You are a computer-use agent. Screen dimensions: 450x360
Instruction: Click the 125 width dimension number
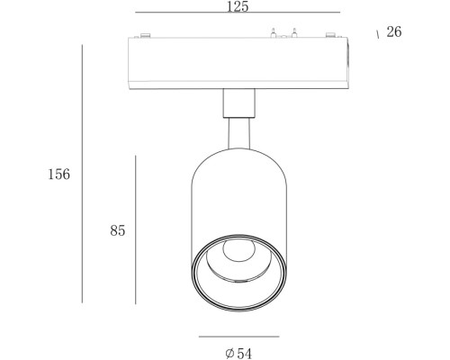(238, 6)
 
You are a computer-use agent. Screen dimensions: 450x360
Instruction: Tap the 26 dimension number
(394, 31)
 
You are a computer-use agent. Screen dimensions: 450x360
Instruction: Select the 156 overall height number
(59, 174)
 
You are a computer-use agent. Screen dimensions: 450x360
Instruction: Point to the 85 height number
(118, 230)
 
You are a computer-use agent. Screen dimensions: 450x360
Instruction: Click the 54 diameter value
(245, 354)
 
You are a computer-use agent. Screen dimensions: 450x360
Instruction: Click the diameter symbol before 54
(229, 354)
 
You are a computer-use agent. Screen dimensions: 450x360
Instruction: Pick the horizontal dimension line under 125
(238, 13)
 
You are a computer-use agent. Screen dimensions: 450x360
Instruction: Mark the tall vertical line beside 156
(82, 174)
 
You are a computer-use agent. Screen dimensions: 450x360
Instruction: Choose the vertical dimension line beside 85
(136, 229)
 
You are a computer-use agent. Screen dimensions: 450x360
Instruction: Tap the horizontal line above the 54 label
(239, 337)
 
